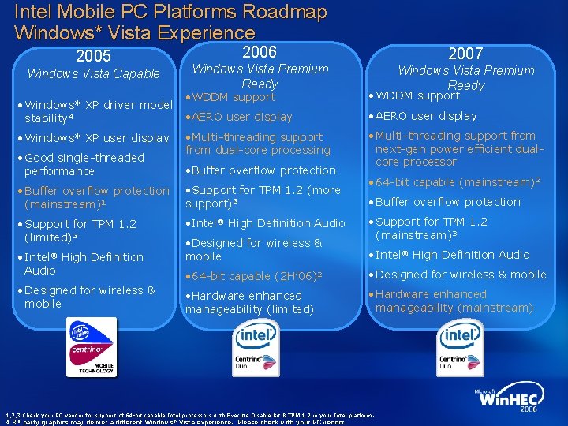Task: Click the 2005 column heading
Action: click(93, 56)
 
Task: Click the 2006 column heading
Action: click(259, 52)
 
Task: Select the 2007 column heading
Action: click(465, 54)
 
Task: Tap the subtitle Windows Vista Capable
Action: click(93, 74)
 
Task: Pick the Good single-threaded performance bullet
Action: click(84, 164)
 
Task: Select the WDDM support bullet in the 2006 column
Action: click(233, 98)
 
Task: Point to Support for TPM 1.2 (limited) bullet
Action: click(80, 230)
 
